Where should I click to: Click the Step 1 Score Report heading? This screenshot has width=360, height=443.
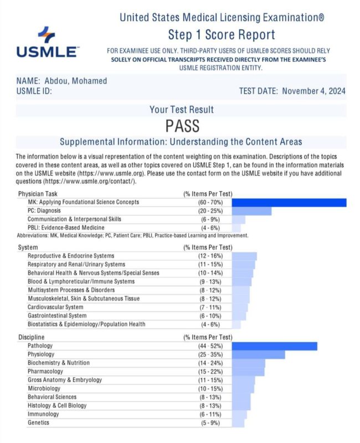[222, 35]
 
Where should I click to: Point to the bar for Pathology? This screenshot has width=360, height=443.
[275, 346]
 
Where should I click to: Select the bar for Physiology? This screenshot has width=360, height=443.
[259, 354]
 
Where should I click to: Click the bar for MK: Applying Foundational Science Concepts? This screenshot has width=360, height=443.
[289, 203]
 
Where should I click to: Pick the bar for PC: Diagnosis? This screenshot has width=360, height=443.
[252, 211]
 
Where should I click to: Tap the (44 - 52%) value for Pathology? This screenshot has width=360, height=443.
[208, 346]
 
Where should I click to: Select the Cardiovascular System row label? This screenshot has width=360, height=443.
[55, 307]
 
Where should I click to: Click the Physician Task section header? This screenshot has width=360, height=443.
[39, 194]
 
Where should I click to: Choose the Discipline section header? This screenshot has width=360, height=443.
[32, 337]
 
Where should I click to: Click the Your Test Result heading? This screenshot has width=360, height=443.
[182, 110]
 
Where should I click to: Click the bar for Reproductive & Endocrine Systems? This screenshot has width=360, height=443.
[244, 256]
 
